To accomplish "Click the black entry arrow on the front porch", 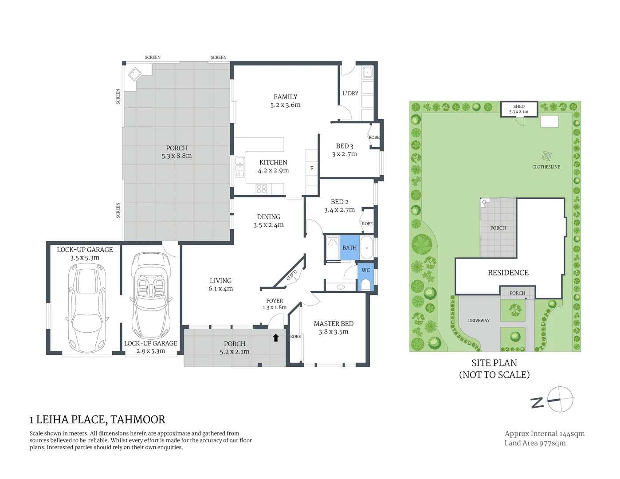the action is coord(275,338).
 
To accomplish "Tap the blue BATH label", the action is coord(349,247).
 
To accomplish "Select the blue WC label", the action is coord(366,270).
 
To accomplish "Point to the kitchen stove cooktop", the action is coord(261,189).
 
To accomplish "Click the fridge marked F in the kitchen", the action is coord(312,169).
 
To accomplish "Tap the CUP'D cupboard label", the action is coord(292,275).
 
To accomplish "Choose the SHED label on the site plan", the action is coord(519,106).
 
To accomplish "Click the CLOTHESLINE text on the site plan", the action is coord(546,167).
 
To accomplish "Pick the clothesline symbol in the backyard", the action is coord(546,156).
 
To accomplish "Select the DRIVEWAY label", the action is coord(479,320).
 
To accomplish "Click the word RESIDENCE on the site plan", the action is coord(508,273).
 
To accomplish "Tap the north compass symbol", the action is coord(553,400).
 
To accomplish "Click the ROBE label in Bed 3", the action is coord(374,137).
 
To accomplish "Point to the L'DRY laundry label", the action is coord(350,93).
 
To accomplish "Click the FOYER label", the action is coord(275,301).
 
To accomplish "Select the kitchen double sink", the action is coord(239,167).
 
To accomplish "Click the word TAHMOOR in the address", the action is coord(138,420).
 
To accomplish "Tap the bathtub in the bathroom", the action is coord(367,247).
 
